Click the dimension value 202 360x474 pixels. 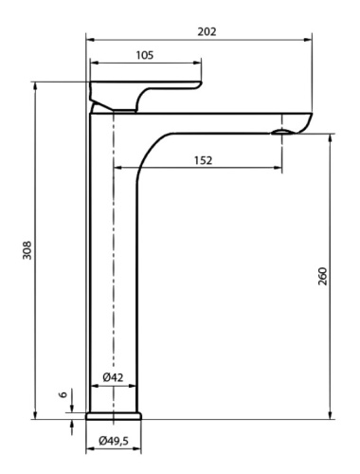pyautogui.click(x=207, y=30)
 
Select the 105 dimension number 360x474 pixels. pyautogui.click(x=145, y=55)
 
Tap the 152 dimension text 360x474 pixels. pyautogui.click(x=203, y=160)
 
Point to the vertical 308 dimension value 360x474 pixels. pyautogui.click(x=27, y=250)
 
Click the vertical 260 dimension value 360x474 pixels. pyautogui.click(x=322, y=276)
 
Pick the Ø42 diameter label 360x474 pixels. pyautogui.click(x=113, y=377)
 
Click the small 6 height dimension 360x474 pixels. pyautogui.click(x=63, y=396)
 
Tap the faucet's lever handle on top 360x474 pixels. pyautogui.click(x=142, y=93)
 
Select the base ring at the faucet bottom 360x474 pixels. pyautogui.click(x=114, y=414)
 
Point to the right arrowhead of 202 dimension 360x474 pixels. pyautogui.click(x=310, y=40)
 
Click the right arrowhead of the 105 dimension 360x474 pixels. pyautogui.click(x=198, y=64)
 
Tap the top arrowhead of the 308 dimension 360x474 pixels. pyautogui.click(x=37, y=84)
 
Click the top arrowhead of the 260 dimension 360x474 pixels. pyautogui.click(x=330, y=137)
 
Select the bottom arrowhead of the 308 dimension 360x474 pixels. pyautogui.click(x=37, y=414)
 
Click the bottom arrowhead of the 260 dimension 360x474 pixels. pyautogui.click(x=330, y=414)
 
